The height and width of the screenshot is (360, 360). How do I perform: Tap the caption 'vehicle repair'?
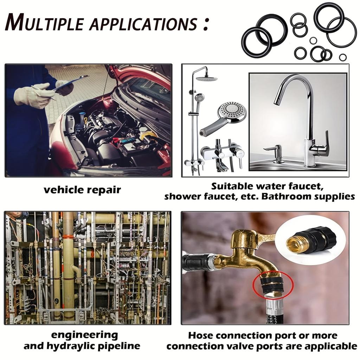(x=82, y=190)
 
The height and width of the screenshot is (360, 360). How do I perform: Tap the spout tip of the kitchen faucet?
(x=277, y=102)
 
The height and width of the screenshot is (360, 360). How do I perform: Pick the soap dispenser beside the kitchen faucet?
(x=278, y=154)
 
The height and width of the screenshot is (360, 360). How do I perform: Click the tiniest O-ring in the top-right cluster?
(x=313, y=41)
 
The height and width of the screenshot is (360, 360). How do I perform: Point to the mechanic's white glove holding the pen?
(x=33, y=94)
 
